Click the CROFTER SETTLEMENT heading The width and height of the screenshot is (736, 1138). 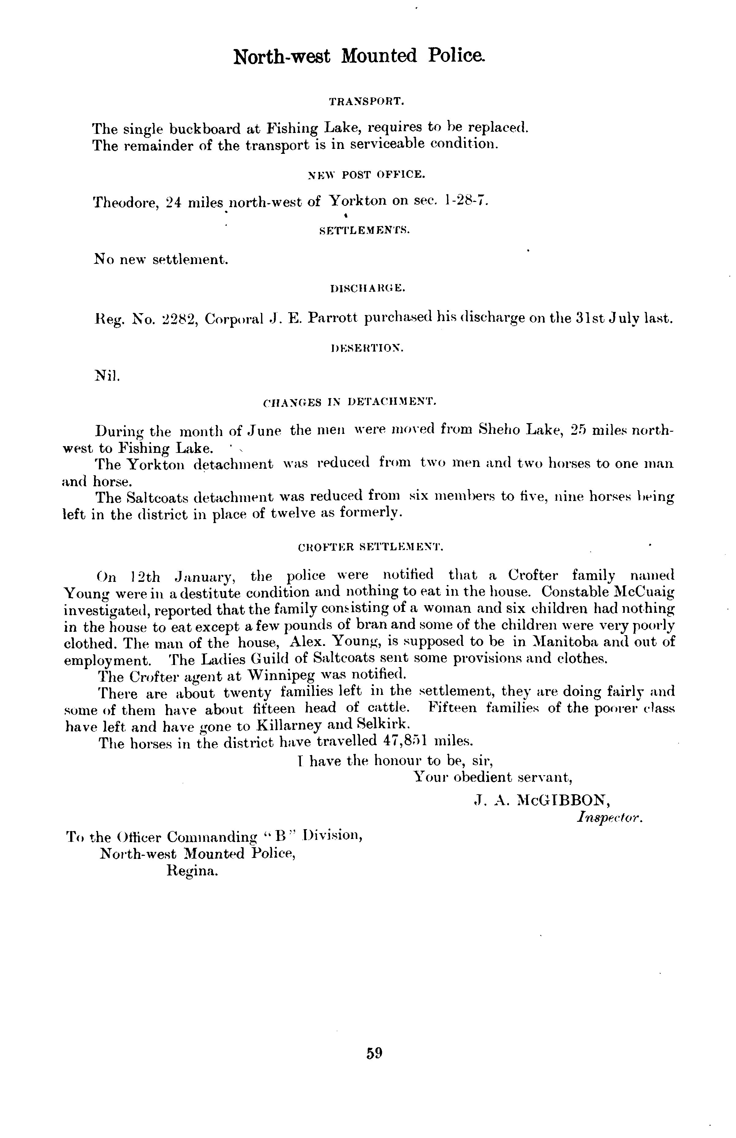[370, 547]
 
